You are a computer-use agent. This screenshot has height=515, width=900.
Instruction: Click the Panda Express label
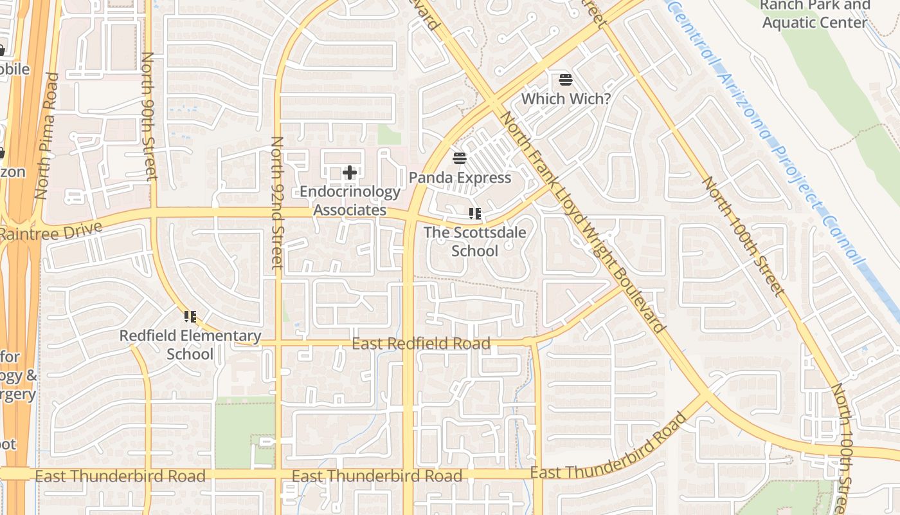pos(460,178)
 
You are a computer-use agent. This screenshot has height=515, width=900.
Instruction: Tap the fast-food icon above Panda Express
pos(459,158)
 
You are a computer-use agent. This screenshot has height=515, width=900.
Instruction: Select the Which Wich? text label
pos(566,99)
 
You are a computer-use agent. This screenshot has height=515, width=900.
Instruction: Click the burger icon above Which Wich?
pos(566,80)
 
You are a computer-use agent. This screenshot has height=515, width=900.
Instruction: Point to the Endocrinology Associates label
pos(350,201)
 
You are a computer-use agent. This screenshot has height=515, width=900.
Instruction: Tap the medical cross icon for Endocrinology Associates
pos(350,173)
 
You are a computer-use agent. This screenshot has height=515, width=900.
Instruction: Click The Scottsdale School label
pos(474,241)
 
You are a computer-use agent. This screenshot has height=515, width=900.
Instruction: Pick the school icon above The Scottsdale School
pos(475,214)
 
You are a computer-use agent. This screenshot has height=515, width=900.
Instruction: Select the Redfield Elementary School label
pos(190,345)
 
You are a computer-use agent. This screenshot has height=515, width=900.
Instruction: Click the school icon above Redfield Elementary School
pos(190,316)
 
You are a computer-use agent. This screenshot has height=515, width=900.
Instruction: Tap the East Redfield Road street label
pos(421,344)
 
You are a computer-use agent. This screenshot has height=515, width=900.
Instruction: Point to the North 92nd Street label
pos(277,202)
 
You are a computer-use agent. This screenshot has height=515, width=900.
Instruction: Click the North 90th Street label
pos(148,116)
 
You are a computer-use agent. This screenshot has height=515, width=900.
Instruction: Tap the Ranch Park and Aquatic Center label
pos(815,14)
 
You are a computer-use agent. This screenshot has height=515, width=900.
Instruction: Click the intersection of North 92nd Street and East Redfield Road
pos(278,344)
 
